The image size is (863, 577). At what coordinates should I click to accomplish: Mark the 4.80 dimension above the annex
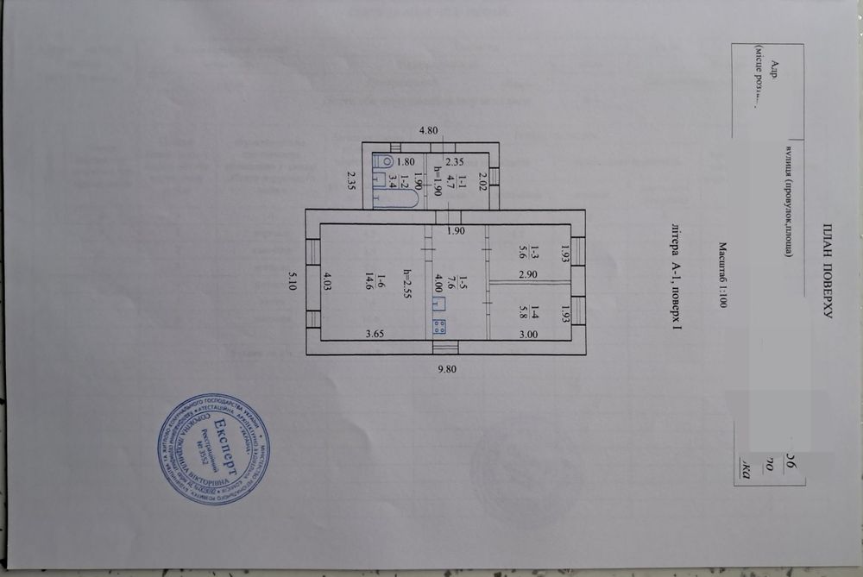[x=429, y=131]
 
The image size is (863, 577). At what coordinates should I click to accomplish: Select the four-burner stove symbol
[x=438, y=326]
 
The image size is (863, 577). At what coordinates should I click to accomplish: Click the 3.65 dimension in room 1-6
[x=374, y=332]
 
